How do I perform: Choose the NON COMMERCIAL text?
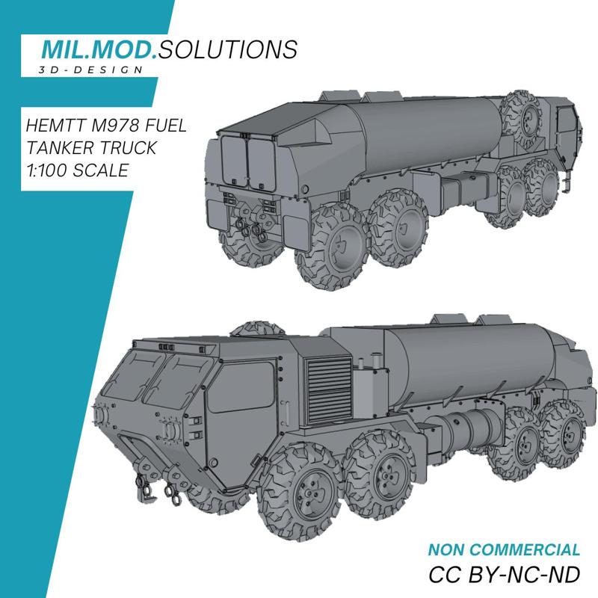point(504,550)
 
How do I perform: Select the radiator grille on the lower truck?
point(327,380)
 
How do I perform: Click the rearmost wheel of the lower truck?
point(561,433)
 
